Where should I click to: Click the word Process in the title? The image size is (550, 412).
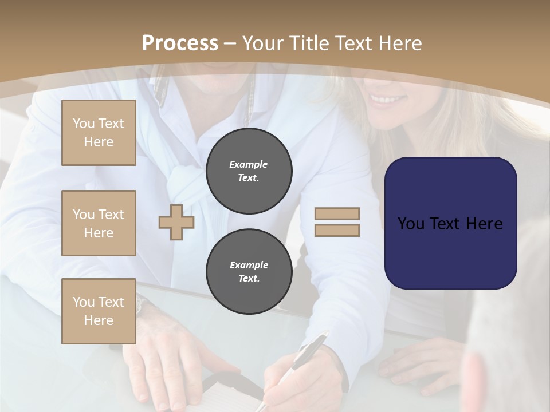click(x=180, y=43)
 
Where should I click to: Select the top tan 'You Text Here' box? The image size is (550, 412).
click(x=99, y=133)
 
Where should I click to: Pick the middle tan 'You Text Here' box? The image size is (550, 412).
click(x=99, y=223)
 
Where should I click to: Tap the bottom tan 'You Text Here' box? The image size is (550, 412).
click(x=99, y=311)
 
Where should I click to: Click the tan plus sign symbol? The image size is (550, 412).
click(x=176, y=222)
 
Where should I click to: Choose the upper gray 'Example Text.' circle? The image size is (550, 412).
click(x=249, y=171)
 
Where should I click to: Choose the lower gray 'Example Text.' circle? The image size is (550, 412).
click(x=249, y=272)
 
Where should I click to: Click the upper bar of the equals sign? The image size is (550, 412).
click(x=337, y=213)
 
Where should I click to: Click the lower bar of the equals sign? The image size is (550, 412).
click(x=337, y=231)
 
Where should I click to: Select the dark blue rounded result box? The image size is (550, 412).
click(x=450, y=223)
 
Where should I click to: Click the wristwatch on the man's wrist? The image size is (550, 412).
click(x=142, y=306)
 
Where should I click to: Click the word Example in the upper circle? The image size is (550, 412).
click(x=249, y=164)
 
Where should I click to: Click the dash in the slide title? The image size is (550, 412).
click(x=230, y=43)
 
